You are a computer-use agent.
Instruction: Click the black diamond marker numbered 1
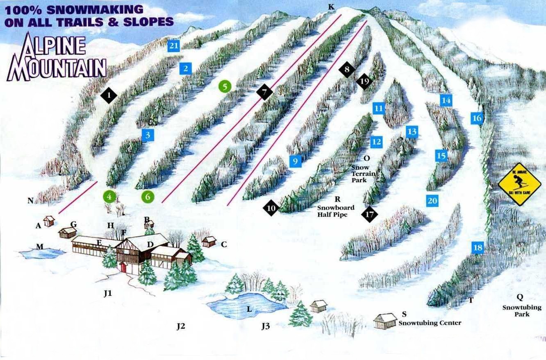[x=109, y=96]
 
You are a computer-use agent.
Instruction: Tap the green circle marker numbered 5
[x=225, y=86]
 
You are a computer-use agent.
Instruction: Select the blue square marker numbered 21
[x=174, y=45]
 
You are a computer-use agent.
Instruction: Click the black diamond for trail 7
[x=264, y=92]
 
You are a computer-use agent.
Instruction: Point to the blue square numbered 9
[x=295, y=161]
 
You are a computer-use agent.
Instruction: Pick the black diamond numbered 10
[x=271, y=208]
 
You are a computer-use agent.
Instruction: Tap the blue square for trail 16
[x=477, y=118]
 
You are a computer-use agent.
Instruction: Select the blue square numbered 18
[x=478, y=248]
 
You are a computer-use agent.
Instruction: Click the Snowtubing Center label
[x=430, y=323]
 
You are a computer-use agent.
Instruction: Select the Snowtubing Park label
[x=522, y=311]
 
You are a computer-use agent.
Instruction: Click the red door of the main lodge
[x=123, y=267]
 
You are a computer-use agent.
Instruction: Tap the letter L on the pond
[x=249, y=309]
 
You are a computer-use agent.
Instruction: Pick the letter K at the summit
[x=331, y=7]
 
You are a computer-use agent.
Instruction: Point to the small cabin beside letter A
[x=49, y=221]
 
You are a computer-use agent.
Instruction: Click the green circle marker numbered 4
[x=109, y=197]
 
